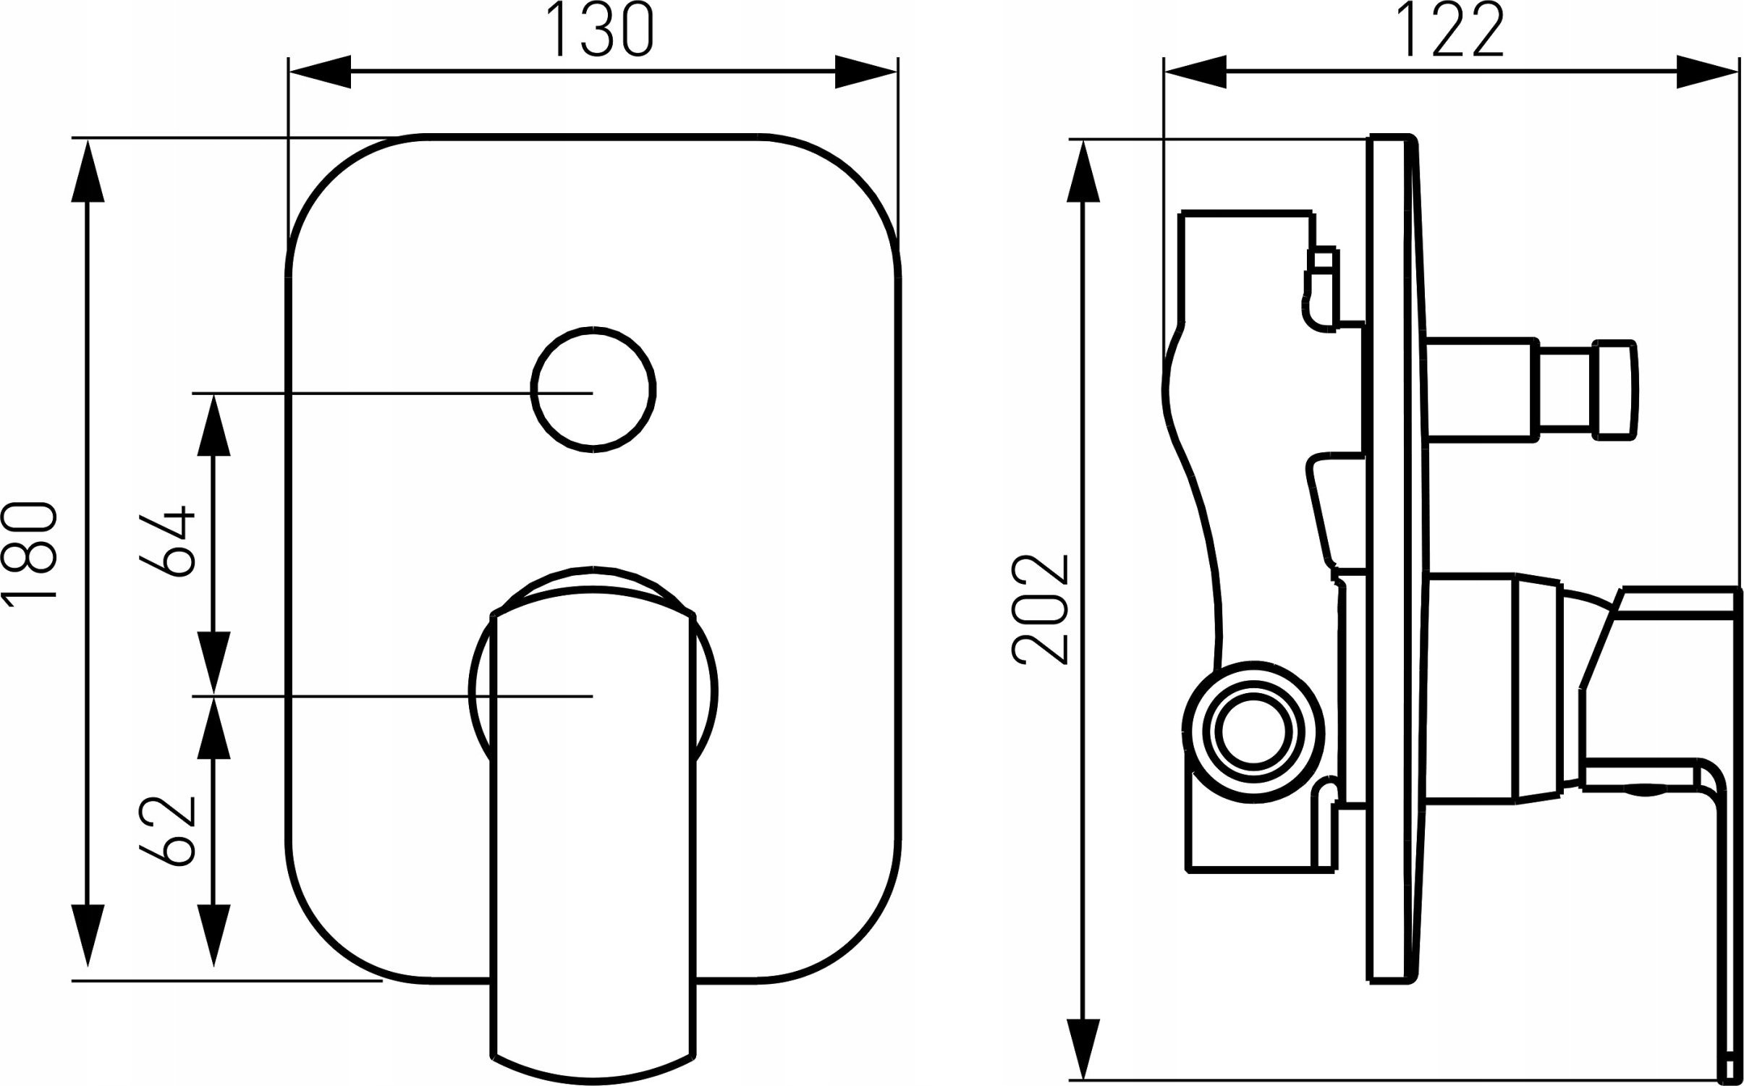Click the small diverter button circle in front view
point(593,389)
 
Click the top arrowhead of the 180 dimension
point(88,171)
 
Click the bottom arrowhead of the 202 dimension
point(1083,1051)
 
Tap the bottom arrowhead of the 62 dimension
point(214,936)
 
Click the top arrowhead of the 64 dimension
point(214,425)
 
